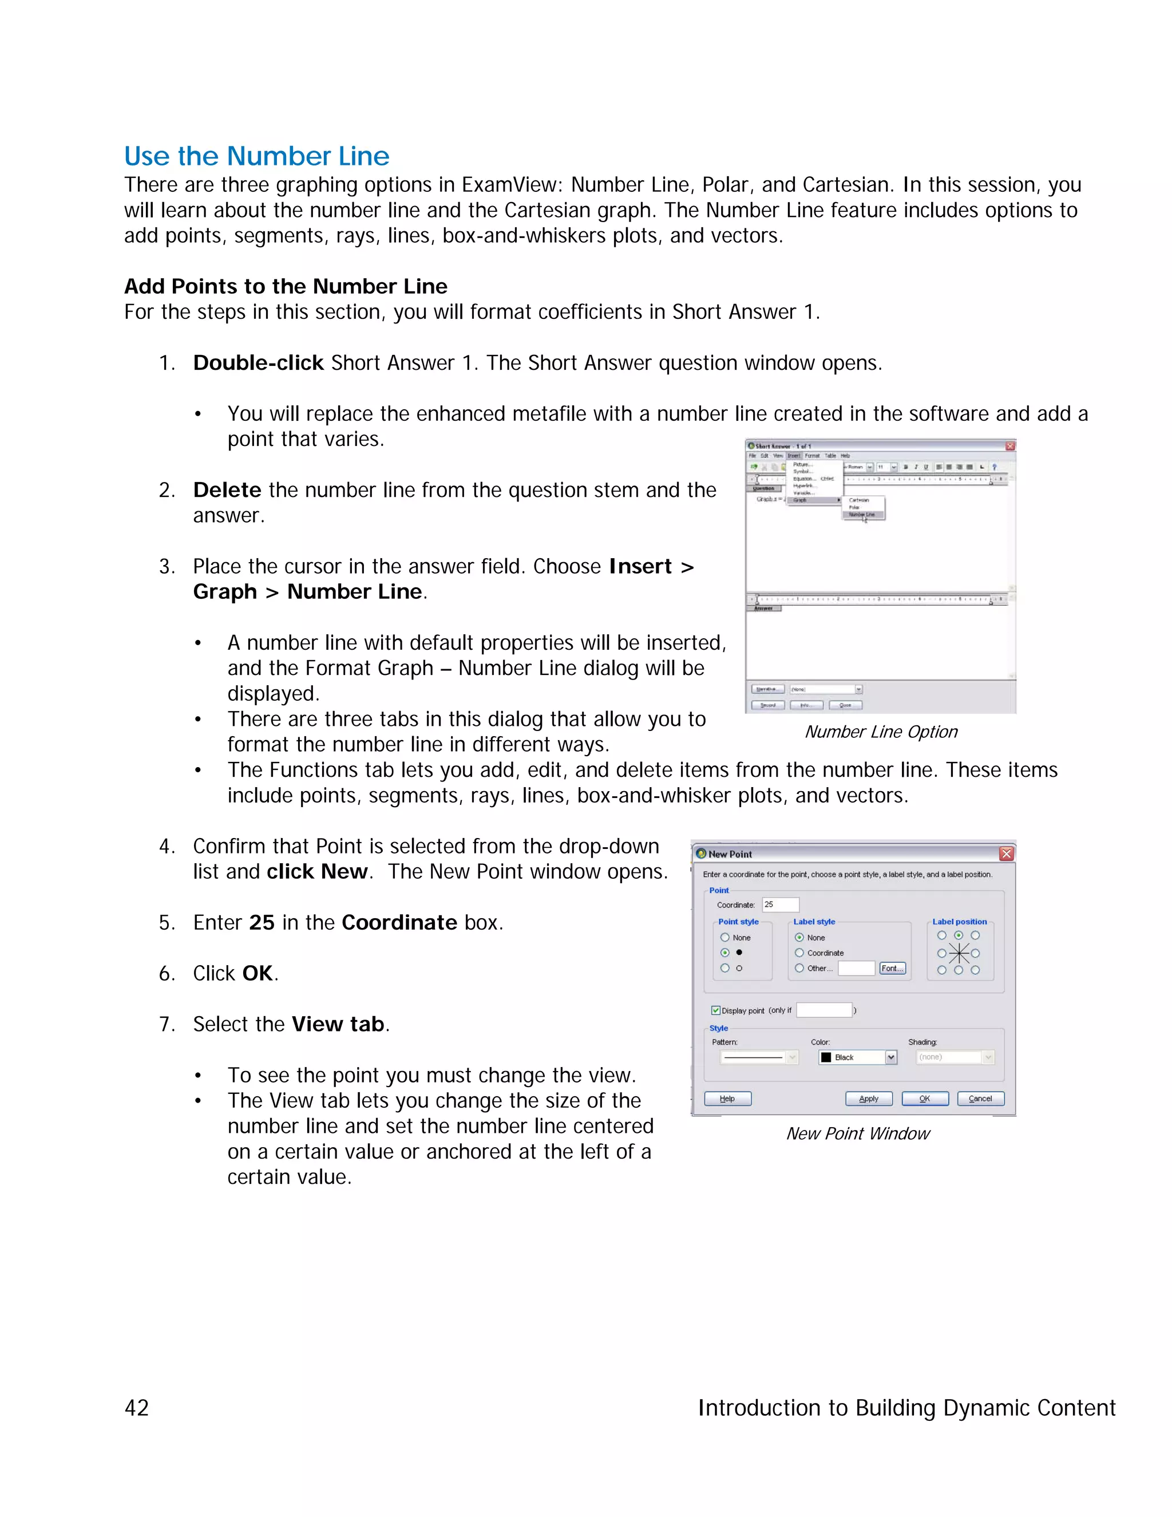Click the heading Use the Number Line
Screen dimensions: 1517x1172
256,156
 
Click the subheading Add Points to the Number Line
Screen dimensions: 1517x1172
286,286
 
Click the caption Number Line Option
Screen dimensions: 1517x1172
880,732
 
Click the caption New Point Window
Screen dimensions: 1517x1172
857,1133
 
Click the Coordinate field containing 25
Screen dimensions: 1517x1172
781,904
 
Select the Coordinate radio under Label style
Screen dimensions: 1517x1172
799,953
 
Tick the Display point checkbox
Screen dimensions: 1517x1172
716,1010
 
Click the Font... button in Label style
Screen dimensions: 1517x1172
892,968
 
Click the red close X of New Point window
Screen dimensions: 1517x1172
1005,854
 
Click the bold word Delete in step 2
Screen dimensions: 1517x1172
227,489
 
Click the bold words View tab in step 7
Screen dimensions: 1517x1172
338,1024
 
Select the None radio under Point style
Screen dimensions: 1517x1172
725,938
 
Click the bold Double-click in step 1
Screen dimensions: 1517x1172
258,362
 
